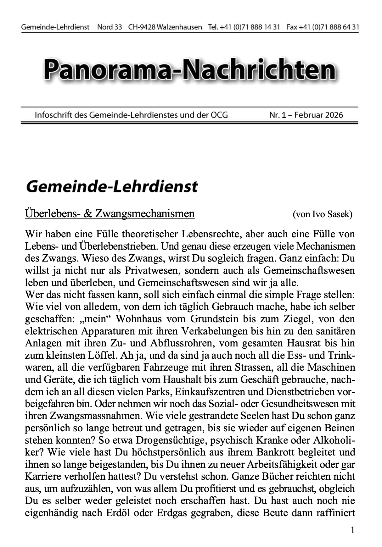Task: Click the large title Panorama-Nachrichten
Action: click(x=190, y=69)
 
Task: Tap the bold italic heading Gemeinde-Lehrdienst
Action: click(x=112, y=186)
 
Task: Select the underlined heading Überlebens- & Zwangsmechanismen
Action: click(x=110, y=214)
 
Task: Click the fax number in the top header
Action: click(x=329, y=27)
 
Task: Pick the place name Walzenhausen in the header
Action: click(x=179, y=27)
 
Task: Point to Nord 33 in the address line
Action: click(x=110, y=27)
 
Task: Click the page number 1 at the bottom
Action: click(x=352, y=530)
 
